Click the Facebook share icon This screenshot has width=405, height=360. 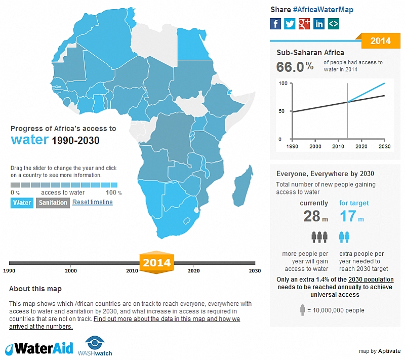[x=275, y=23]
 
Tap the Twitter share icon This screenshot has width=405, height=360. [x=290, y=23]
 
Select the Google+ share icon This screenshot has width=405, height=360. [x=304, y=23]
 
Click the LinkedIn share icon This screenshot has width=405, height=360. [x=319, y=23]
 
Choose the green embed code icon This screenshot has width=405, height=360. [x=333, y=23]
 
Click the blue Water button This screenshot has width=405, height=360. [x=22, y=203]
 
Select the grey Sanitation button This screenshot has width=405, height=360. [x=52, y=203]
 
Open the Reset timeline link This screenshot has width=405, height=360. [x=92, y=202]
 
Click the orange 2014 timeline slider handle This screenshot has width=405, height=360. [x=156, y=263]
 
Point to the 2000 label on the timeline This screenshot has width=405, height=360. [x=71, y=271]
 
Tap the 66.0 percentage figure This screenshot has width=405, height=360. [x=292, y=67]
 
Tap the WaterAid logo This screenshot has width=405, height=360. [x=39, y=348]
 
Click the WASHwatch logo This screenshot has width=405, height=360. [x=95, y=346]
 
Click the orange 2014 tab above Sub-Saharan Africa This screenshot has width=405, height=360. [x=380, y=41]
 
